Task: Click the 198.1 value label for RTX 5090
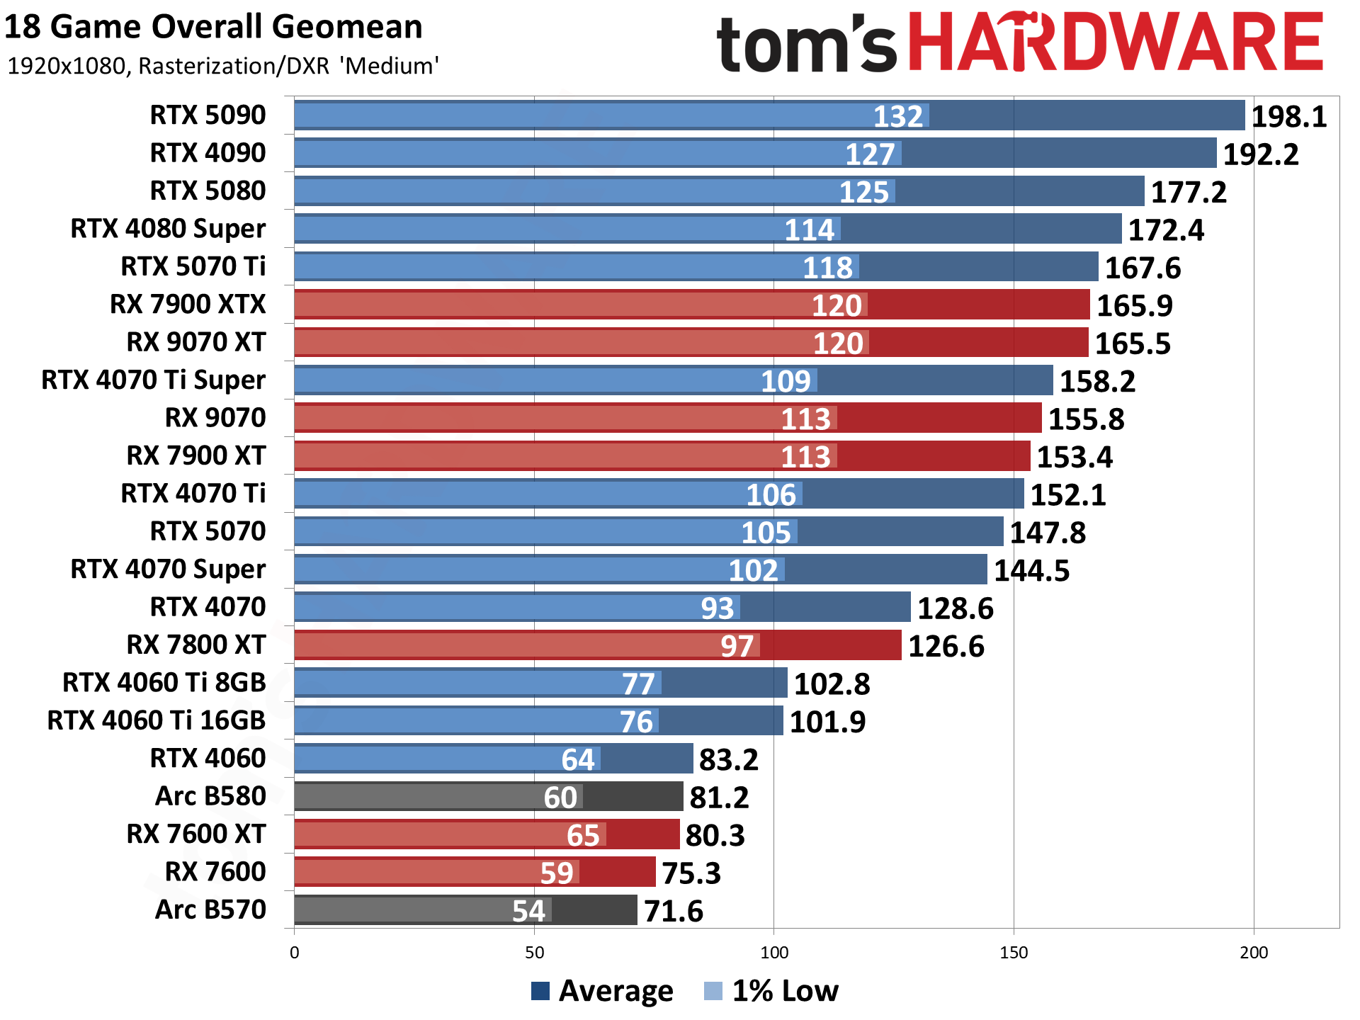[1288, 117]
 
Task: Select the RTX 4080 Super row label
[168, 229]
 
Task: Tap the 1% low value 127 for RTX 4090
[870, 154]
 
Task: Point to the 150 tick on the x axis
[1014, 953]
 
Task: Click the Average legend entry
[602, 991]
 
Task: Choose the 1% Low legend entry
[771, 991]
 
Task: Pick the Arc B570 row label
[210, 909]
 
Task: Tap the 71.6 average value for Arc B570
[674, 912]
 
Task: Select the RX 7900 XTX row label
[188, 305]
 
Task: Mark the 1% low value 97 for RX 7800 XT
[737, 646]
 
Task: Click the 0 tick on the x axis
[295, 953]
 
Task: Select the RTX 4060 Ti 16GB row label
[156, 720]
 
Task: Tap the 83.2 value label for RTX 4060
[728, 760]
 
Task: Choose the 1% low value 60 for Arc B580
[560, 798]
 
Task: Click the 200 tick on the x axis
[1254, 953]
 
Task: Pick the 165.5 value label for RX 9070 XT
[1133, 344]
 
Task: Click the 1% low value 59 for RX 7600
[556, 873]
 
